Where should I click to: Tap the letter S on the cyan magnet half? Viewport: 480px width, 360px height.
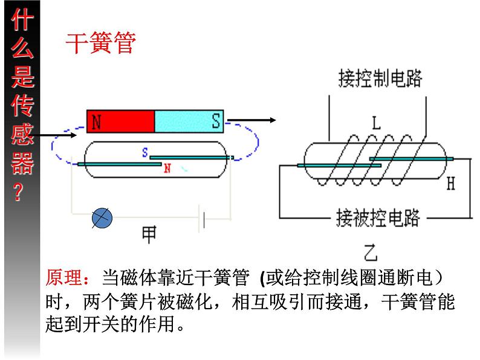pyautogui.click(x=216, y=121)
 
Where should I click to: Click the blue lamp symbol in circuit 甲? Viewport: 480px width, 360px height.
pyautogui.click(x=102, y=219)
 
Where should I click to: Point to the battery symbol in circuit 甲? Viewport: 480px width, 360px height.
pyautogui.click(x=203, y=219)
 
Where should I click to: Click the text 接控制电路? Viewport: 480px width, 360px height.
pyautogui.click(x=380, y=79)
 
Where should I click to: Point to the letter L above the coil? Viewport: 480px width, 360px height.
pyautogui.click(x=376, y=124)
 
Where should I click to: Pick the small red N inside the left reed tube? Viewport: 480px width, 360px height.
pyautogui.click(x=167, y=170)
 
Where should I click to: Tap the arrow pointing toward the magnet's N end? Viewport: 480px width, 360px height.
pyautogui.click(x=58, y=135)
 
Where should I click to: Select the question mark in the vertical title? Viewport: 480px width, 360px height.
pyautogui.click(x=19, y=192)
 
